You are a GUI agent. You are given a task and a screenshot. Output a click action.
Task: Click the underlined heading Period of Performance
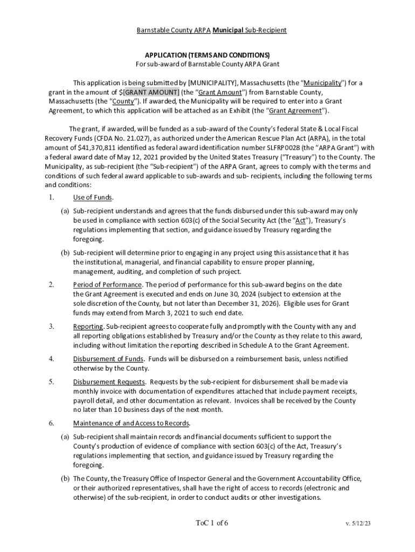click(x=107, y=285)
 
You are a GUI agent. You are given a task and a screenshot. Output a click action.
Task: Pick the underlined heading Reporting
click(x=88, y=327)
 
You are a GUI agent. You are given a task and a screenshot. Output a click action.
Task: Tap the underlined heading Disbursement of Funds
click(x=108, y=359)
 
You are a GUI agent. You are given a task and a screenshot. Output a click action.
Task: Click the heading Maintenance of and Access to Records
click(x=131, y=423)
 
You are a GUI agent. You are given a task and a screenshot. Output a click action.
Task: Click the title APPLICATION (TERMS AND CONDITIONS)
click(x=207, y=55)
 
